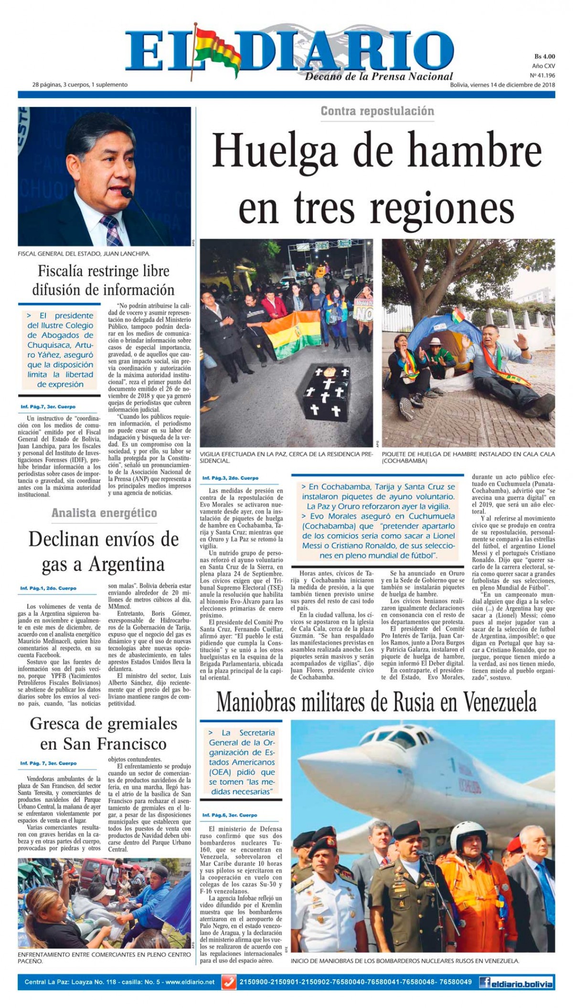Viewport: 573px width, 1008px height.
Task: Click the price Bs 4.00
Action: click(x=544, y=56)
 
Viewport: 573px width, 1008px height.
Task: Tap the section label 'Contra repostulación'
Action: click(x=377, y=111)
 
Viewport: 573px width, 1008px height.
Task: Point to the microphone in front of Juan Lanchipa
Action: click(x=127, y=193)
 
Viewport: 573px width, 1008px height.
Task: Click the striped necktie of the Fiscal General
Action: click(x=111, y=229)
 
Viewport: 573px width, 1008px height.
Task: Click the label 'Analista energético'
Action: click(x=104, y=513)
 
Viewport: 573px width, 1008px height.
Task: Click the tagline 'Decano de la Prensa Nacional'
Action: click(x=379, y=76)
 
